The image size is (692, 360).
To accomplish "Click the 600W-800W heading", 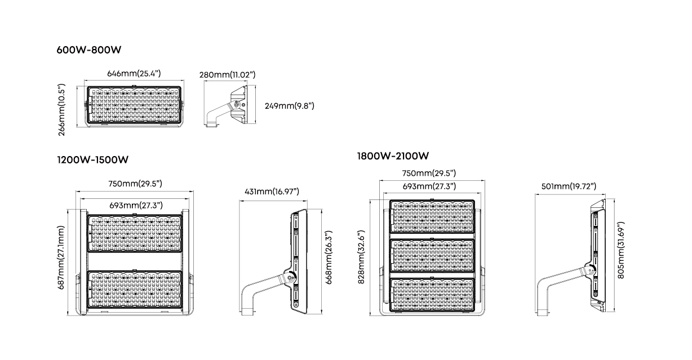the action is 89,50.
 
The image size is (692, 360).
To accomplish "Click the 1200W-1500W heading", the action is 92,159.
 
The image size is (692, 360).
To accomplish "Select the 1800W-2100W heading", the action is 393,156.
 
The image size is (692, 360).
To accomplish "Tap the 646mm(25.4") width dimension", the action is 134,73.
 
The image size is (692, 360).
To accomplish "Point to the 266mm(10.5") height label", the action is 62,110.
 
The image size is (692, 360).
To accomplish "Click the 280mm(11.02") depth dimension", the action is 227,75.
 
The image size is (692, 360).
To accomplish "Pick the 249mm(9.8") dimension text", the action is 290,106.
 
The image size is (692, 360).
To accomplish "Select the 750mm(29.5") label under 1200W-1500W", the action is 135,184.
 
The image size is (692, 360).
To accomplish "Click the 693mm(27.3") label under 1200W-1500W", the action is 136,205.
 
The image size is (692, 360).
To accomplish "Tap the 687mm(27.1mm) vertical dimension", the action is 61,257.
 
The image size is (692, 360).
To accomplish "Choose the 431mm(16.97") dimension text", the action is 272,192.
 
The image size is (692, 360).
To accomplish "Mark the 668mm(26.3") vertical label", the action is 329,257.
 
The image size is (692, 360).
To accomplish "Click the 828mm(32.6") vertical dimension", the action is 361,257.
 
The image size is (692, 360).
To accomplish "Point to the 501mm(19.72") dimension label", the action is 569,186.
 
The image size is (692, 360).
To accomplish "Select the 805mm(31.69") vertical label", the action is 621,250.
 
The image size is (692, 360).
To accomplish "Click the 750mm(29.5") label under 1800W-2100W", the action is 429,173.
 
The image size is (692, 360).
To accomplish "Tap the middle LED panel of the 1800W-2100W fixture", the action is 432,256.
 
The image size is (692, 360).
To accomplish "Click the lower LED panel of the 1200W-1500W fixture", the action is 135,290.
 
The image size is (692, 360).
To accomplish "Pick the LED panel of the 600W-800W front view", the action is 134,104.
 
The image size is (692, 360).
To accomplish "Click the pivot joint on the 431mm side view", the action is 290,278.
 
